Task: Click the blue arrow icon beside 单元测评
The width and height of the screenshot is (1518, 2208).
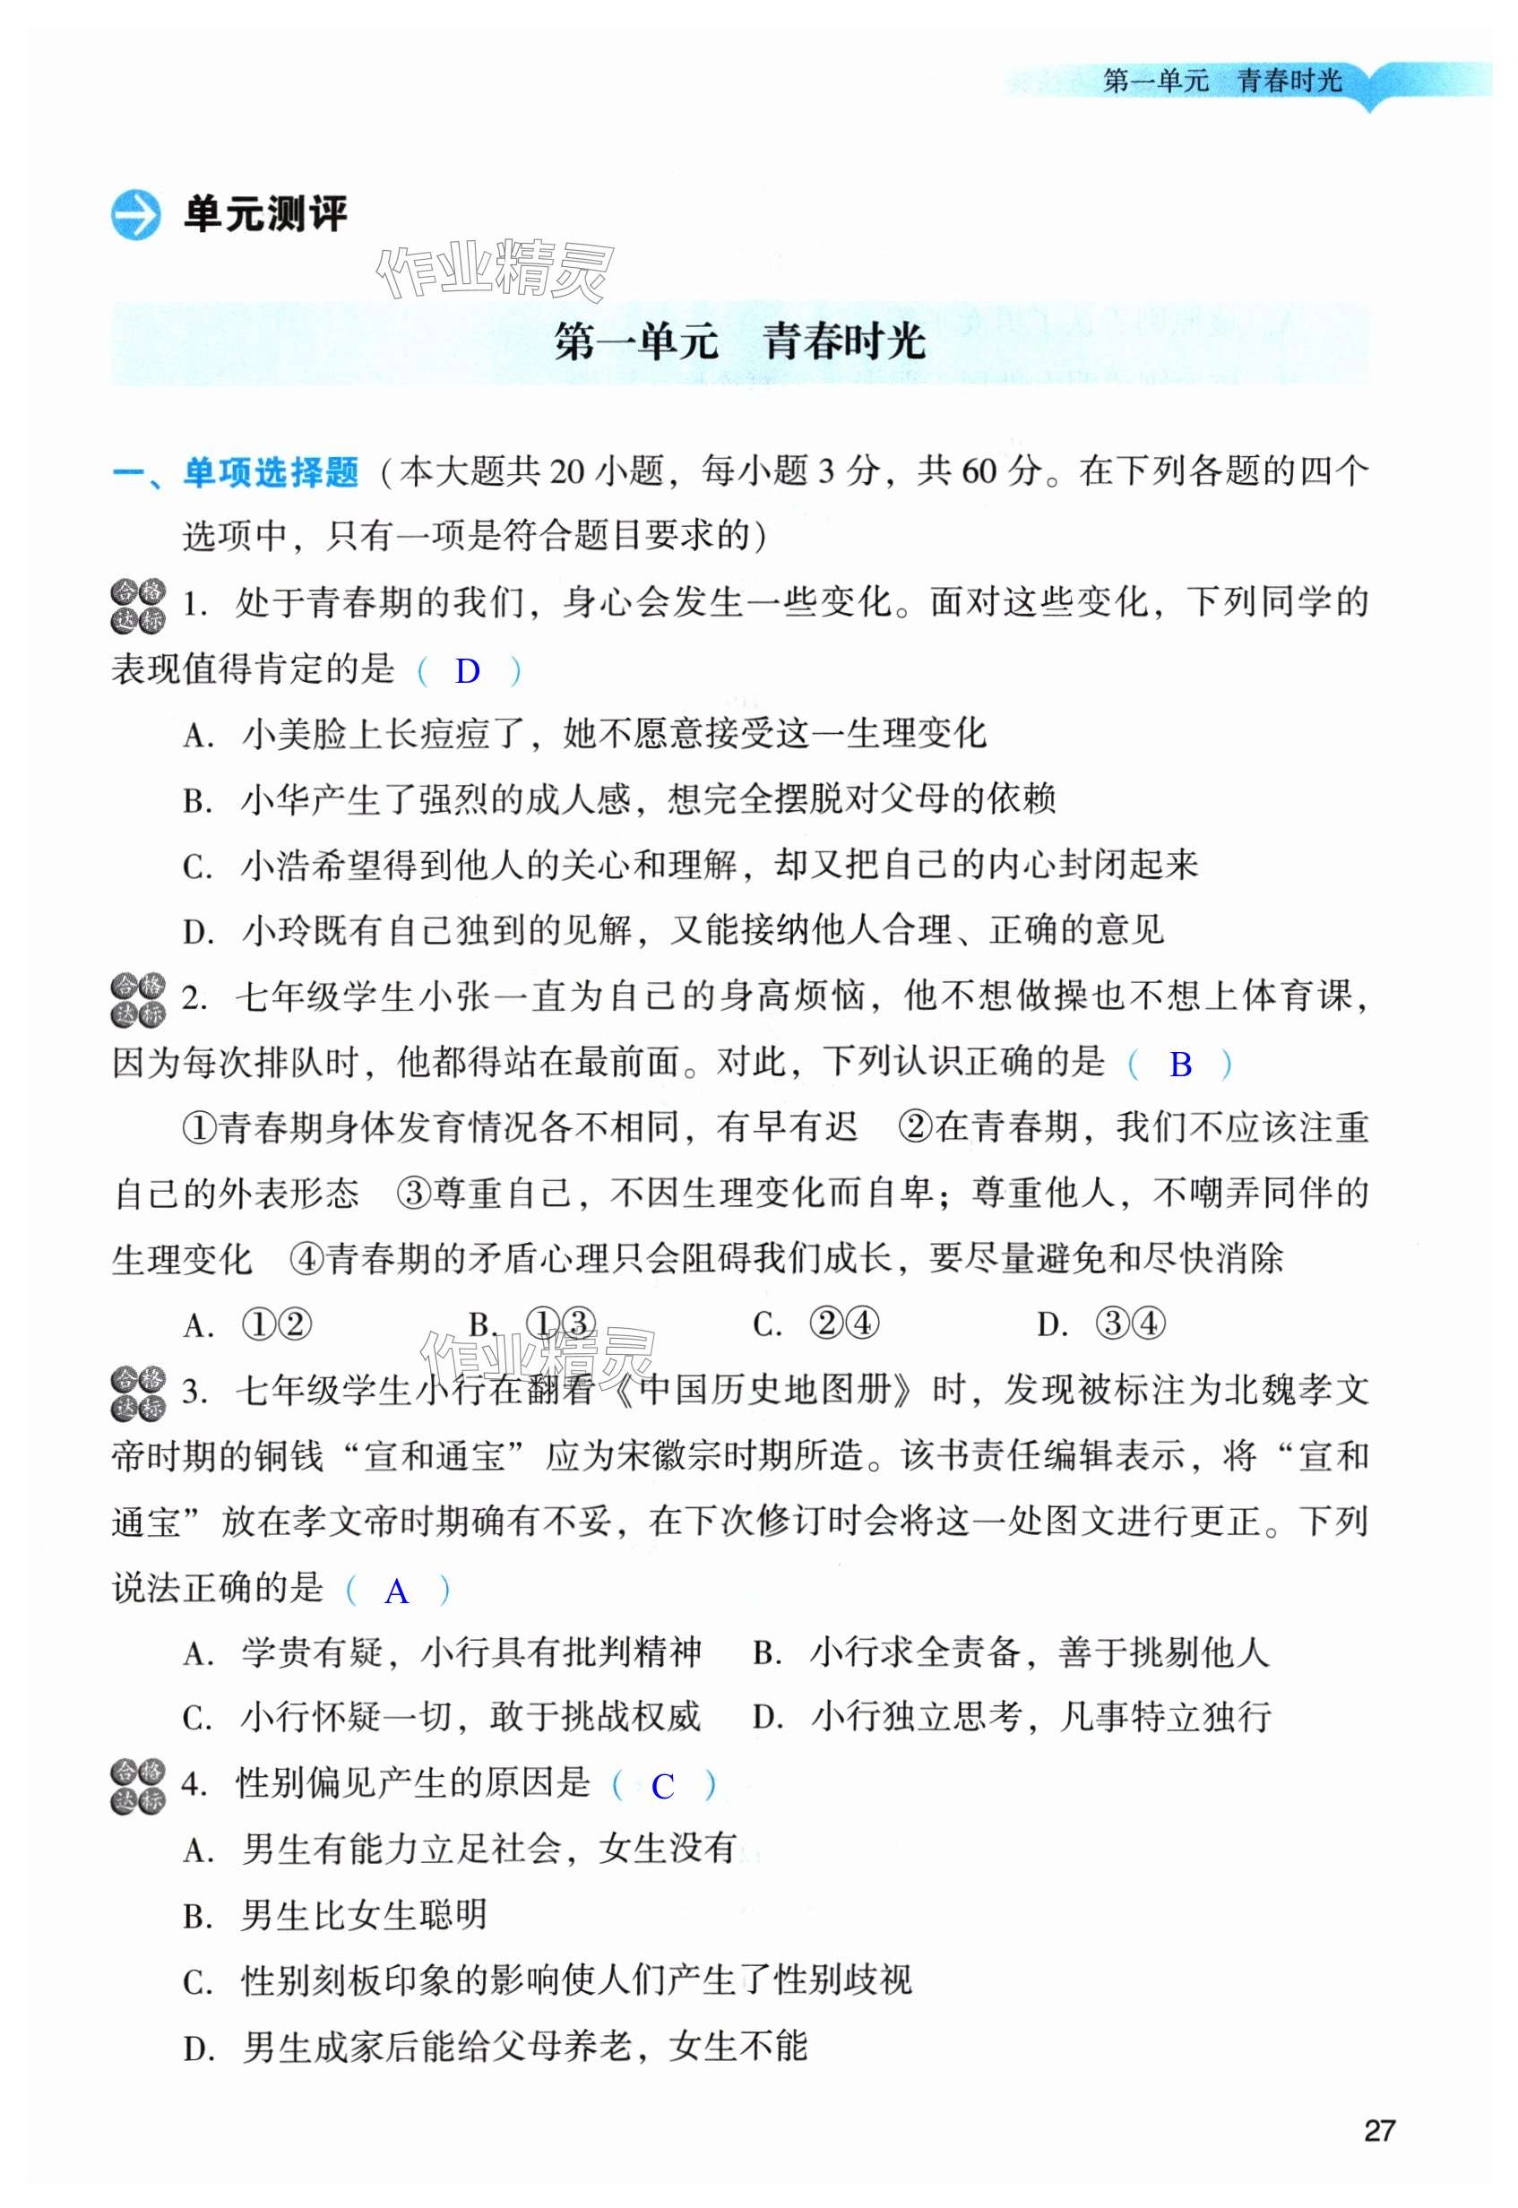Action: (136, 215)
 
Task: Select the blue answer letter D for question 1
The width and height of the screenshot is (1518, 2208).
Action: (467, 671)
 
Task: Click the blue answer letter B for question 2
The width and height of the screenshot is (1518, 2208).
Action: (1179, 1065)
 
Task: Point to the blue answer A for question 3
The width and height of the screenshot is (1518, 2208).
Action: (397, 1592)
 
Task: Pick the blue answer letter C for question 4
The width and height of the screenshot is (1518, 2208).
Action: (662, 1788)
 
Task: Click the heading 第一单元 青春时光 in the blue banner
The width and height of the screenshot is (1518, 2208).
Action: (739, 342)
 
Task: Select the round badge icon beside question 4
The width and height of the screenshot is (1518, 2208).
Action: (138, 1787)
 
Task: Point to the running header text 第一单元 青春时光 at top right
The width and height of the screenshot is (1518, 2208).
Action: (1222, 82)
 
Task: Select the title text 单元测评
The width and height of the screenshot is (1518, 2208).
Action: (265, 215)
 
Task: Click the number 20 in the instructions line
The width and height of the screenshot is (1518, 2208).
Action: (565, 471)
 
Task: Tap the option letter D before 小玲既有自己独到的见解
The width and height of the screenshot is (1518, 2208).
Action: (197, 932)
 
